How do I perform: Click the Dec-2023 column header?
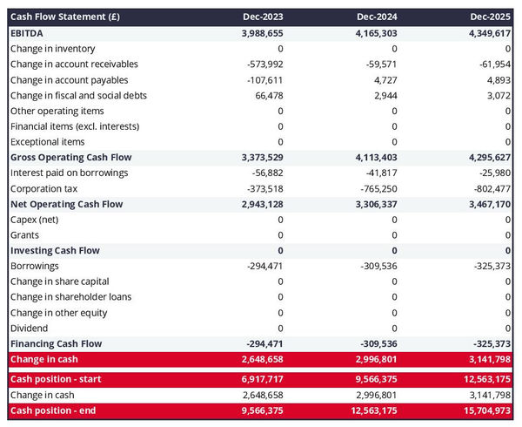262,17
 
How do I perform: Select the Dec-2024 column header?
377,17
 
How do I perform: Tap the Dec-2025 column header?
491,17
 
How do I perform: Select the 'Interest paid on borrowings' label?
69,173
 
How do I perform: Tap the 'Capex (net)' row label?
36,220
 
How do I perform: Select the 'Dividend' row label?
30,329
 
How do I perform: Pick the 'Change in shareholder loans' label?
71,297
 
